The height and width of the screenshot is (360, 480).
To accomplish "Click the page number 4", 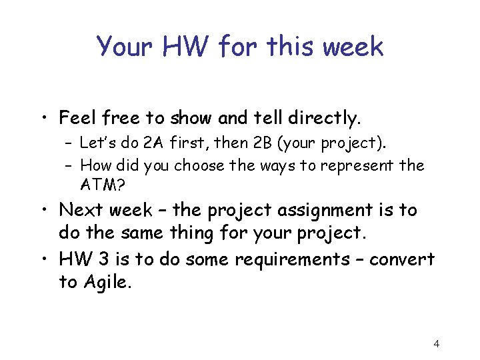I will pyautogui.click(x=436, y=344).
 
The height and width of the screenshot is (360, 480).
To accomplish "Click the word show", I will pyautogui.click(x=191, y=119).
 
